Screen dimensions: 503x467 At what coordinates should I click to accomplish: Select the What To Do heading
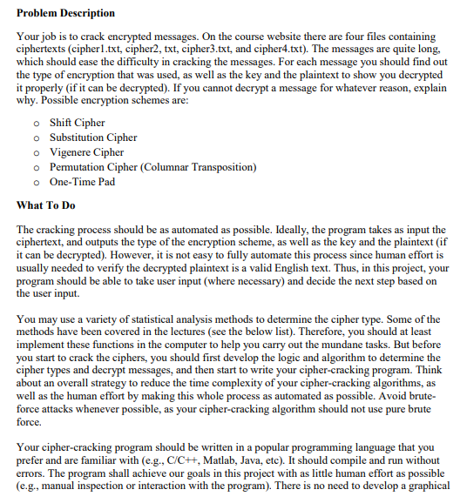point(51,205)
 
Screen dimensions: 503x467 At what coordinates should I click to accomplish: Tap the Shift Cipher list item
point(78,123)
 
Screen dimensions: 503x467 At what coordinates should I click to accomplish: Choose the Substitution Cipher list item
point(93,137)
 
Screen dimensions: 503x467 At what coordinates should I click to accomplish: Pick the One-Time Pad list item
point(83,182)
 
